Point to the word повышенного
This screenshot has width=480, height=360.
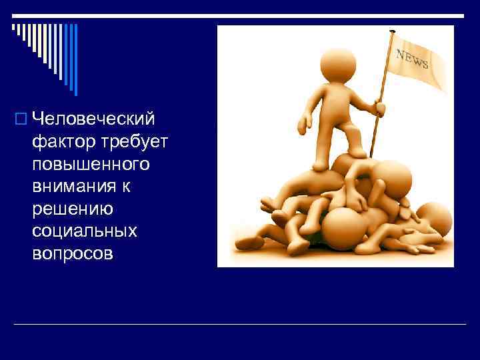tap(91, 164)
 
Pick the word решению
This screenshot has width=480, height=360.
tap(73, 209)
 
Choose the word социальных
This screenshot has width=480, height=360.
tap(84, 231)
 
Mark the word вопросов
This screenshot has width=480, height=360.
tap(73, 254)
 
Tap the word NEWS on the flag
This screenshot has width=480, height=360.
tap(413, 60)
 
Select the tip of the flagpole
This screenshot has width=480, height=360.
tap(392, 31)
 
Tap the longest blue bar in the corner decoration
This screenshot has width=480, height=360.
tap(75, 60)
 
